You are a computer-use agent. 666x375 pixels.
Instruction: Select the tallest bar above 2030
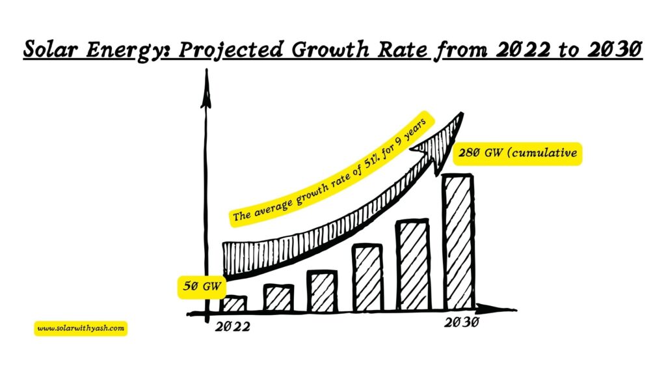[458, 241]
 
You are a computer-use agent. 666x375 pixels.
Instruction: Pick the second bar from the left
[278, 298]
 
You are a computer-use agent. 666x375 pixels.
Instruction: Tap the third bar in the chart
[322, 291]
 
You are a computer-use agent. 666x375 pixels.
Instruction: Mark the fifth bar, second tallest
[412, 265]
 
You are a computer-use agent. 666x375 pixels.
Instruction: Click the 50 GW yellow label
[198, 286]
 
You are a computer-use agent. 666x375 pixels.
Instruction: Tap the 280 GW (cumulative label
[516, 155]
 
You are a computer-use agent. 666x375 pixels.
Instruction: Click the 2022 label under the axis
[232, 326]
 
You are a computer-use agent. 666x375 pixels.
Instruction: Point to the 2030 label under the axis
[462, 323]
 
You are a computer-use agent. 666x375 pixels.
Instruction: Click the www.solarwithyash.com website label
[81, 329]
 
